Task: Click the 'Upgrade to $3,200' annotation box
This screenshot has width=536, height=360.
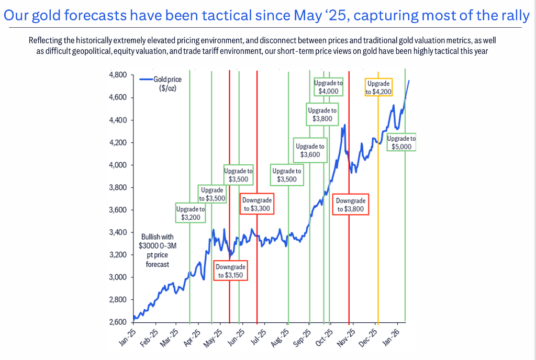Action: coord(191,213)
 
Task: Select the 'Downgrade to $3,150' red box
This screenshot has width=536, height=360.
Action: coord(230,271)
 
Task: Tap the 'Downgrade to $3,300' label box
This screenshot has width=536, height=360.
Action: coord(257,204)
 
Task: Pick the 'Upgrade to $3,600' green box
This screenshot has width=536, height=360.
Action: coord(310,151)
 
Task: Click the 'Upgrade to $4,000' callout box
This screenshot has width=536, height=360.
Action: coord(328,87)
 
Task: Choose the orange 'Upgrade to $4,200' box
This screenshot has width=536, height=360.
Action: coord(378,87)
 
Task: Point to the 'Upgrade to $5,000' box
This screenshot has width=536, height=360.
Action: coord(401,142)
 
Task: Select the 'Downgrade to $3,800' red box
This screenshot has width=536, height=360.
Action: coord(350,205)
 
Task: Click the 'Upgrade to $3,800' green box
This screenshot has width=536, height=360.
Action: coord(322,114)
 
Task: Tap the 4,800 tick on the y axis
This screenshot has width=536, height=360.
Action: coord(118,75)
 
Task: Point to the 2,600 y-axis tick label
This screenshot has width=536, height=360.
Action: coord(118,322)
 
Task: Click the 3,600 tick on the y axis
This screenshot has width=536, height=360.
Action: coord(118,210)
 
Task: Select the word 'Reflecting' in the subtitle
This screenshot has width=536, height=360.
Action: coord(43,40)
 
